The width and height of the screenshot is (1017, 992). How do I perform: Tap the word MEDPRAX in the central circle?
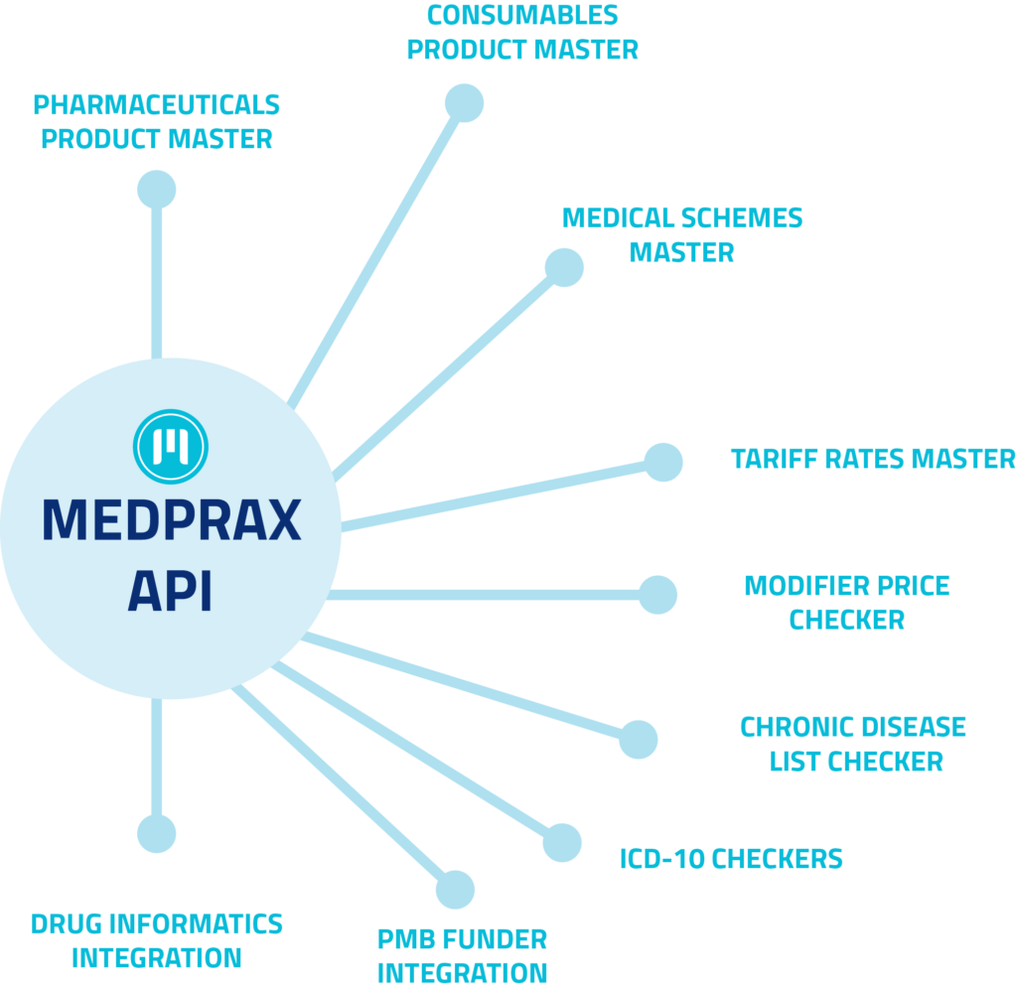pos(171,520)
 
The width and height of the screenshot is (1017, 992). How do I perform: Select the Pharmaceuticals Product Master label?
pos(157,121)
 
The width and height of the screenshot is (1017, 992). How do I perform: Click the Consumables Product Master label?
pos(522,32)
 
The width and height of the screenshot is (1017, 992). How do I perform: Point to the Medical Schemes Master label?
pos(682,234)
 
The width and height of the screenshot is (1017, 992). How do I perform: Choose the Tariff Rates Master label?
pos(873,459)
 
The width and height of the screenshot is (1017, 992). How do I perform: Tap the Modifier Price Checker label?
pos(847,602)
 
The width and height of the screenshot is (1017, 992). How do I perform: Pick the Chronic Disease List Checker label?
pos(853,744)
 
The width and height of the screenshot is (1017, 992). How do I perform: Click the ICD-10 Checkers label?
pos(731,859)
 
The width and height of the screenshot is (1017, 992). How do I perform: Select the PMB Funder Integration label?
pos(463,955)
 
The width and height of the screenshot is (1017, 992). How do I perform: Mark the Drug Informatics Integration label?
pos(157,940)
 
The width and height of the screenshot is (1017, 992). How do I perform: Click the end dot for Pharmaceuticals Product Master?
pos(156,190)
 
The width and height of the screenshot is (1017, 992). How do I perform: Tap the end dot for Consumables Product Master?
pos(464,102)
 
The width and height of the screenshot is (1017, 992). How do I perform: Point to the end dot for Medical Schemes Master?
pos(564,267)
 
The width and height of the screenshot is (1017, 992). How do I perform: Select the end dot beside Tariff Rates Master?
pos(663,462)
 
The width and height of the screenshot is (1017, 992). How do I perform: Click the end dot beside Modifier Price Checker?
pos(657,595)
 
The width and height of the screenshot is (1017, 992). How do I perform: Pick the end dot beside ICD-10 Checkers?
pos(563,842)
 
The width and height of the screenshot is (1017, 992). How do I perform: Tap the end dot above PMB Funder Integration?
pos(455,889)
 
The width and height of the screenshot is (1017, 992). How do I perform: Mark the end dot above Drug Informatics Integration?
pos(156,833)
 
